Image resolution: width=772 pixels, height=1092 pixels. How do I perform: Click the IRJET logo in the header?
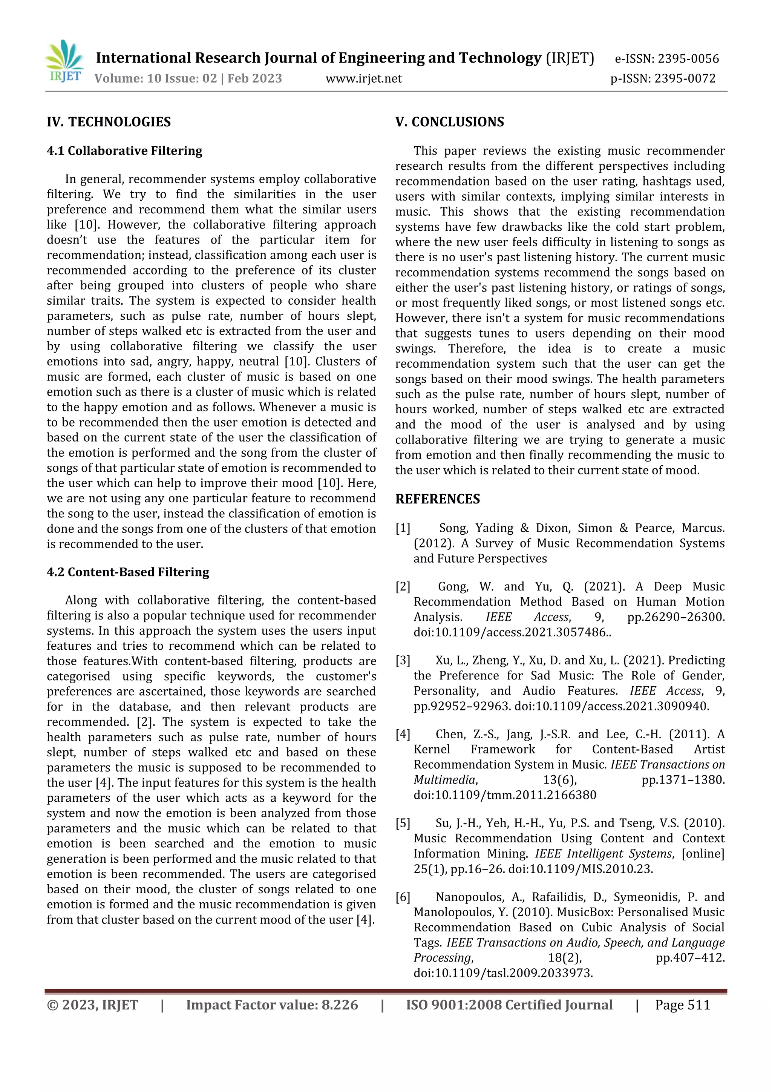tap(65, 62)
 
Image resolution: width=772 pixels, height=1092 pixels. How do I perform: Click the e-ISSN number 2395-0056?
tap(688, 59)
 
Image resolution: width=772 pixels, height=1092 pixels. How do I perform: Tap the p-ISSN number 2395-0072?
tap(685, 78)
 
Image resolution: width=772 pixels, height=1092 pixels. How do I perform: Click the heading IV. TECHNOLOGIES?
tap(109, 122)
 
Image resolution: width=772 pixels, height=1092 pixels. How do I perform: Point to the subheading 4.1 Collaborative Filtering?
tap(124, 151)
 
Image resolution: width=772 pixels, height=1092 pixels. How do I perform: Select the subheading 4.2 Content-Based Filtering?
tap(127, 572)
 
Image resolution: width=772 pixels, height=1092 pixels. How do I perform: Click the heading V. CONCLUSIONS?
tap(449, 122)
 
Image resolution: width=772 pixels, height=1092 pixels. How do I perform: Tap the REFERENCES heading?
tap(437, 499)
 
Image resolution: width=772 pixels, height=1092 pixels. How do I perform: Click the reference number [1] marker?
tap(403, 528)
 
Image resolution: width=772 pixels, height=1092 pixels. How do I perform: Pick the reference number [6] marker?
tap(403, 897)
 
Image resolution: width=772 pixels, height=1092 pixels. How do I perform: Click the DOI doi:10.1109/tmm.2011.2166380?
tap(504, 795)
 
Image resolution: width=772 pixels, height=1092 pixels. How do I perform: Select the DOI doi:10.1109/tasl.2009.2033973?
tap(503, 973)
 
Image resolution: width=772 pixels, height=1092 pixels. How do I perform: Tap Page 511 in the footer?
tap(682, 1005)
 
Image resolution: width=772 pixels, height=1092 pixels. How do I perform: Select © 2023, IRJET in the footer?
tap(92, 1005)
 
